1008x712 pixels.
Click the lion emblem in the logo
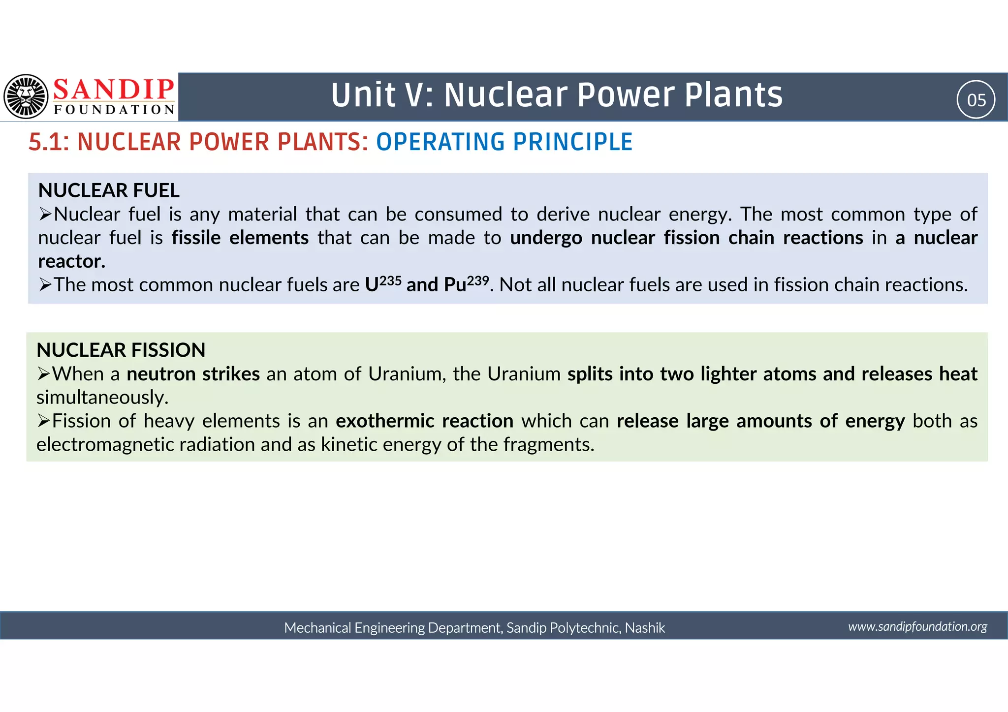[x=26, y=96]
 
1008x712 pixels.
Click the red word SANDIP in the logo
[x=114, y=90]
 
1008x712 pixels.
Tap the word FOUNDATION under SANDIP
[x=114, y=109]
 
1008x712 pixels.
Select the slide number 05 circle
[x=976, y=100]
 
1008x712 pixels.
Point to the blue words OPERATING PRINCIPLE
[x=504, y=142]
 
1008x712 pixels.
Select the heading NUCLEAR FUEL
[x=109, y=190]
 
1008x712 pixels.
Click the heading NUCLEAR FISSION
[x=121, y=350]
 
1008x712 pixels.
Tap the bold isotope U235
[x=383, y=284]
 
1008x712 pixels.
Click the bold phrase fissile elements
[x=240, y=238]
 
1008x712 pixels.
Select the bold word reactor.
[x=72, y=261]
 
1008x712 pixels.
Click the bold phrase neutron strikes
[x=193, y=374]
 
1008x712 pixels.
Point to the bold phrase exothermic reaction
[x=424, y=421]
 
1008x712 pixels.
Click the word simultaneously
[x=102, y=398]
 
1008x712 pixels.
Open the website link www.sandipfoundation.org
[x=917, y=626]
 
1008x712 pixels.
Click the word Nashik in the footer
[x=645, y=628]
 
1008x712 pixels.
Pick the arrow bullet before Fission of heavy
[x=44, y=421]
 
